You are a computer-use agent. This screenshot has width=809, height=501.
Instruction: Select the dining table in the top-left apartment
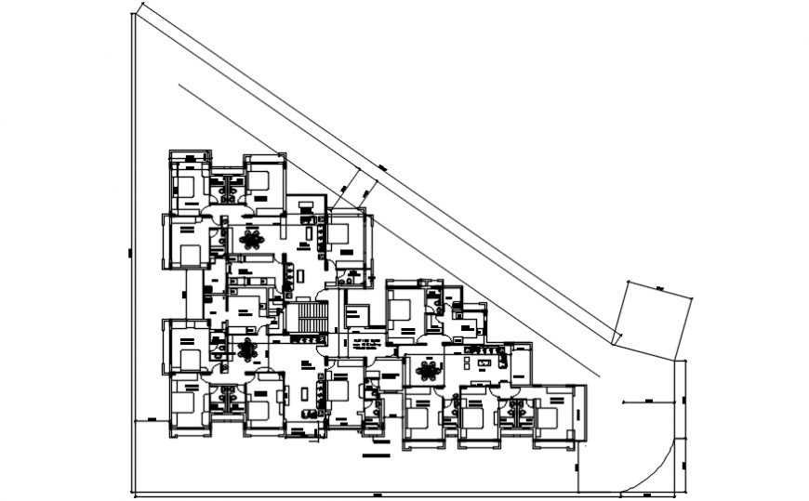pos(251,240)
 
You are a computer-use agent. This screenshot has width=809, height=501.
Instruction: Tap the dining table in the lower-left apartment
pos(246,350)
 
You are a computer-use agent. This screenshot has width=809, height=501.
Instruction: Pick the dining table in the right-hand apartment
pos(428,371)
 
